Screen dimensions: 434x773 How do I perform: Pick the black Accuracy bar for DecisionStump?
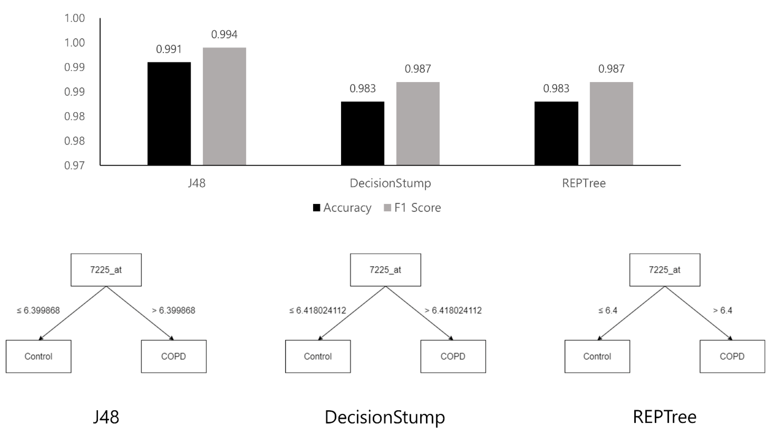(362, 133)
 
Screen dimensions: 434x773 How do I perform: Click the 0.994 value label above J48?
(224, 35)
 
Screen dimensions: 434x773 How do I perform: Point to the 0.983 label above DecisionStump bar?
(362, 89)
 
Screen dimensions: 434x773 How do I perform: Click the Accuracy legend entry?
(342, 208)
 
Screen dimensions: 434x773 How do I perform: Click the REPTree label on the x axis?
(584, 183)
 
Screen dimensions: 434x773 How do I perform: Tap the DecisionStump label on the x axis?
(390, 183)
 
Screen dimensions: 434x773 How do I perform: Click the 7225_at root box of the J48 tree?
(106, 270)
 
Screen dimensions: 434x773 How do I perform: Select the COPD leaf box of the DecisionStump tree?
(453, 356)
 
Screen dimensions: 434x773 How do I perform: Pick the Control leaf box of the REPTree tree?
(597, 356)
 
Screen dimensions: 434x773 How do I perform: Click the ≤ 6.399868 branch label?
(38, 310)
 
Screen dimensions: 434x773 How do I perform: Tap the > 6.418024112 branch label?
(453, 310)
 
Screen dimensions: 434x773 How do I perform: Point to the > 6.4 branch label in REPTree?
(722, 310)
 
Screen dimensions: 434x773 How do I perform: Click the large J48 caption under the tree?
(106, 417)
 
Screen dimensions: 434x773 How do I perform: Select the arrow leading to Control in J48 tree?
(73, 313)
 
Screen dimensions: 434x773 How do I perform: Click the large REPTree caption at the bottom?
(664, 417)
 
